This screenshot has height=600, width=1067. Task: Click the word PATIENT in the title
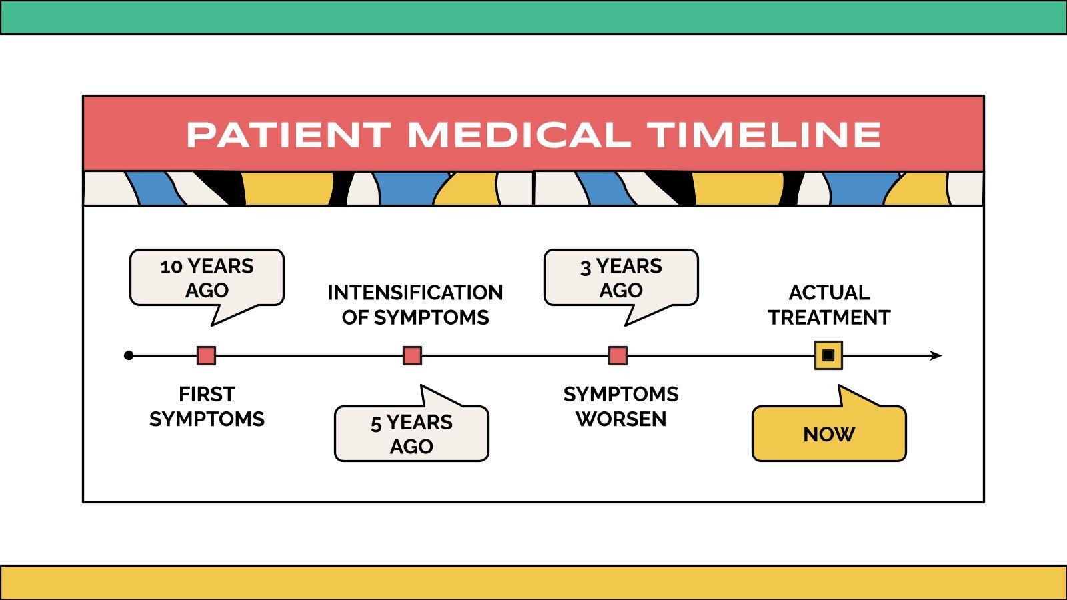click(x=289, y=135)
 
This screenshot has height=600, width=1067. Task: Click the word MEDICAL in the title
click(x=519, y=135)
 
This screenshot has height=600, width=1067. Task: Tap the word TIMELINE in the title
click(x=764, y=135)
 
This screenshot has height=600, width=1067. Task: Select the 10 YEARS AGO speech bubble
click(x=207, y=281)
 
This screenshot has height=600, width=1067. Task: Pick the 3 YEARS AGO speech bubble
click(x=621, y=281)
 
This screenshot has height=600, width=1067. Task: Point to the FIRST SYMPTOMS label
click(x=207, y=407)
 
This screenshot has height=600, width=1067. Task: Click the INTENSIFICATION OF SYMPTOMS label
click(x=415, y=305)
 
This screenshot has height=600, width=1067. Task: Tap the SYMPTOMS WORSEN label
click(x=621, y=407)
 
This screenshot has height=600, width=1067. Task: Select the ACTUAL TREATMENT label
click(x=829, y=305)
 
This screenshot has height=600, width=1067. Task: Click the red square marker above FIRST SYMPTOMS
click(x=206, y=356)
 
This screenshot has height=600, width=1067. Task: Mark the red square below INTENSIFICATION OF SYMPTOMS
click(x=413, y=356)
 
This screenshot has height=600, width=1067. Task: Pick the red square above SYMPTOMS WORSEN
click(x=618, y=356)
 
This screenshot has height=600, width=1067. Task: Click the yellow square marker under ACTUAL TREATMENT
click(x=828, y=355)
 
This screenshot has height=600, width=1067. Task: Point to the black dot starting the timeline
click(x=129, y=356)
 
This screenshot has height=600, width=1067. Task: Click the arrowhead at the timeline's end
click(x=936, y=356)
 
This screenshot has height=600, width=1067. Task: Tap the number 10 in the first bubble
click(x=171, y=267)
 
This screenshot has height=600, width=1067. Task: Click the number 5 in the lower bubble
click(x=376, y=424)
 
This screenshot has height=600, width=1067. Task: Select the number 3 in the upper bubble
click(x=586, y=268)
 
